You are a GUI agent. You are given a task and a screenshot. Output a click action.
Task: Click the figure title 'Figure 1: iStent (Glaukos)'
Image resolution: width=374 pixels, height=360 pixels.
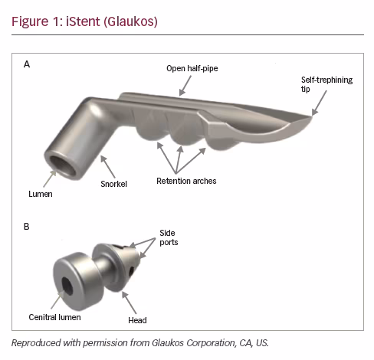(x=84, y=21)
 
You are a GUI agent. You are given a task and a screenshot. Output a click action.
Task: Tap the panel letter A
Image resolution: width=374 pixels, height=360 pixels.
(x=27, y=64)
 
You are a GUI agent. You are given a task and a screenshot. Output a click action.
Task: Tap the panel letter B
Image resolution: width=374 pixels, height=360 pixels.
(x=27, y=227)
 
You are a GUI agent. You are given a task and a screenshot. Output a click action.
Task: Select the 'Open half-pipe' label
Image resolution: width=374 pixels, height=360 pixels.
(x=192, y=68)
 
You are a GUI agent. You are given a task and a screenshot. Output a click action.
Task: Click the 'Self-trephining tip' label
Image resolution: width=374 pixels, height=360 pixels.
(x=326, y=84)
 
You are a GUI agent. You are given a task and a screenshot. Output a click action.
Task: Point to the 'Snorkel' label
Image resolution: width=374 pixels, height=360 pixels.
(x=113, y=184)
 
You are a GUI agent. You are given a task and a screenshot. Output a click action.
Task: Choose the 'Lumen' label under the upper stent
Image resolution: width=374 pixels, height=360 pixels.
(x=41, y=194)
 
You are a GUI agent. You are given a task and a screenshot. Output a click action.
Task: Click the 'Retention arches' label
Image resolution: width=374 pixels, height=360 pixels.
(x=186, y=181)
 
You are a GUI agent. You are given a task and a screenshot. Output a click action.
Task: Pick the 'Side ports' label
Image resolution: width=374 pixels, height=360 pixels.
(x=169, y=237)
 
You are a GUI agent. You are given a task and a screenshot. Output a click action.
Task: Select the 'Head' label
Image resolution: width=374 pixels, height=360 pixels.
(x=137, y=320)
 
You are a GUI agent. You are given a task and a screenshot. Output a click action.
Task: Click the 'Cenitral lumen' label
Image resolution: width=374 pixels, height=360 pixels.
(x=54, y=317)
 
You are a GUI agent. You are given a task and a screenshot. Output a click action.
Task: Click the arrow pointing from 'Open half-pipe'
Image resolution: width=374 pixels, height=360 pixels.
(x=185, y=86)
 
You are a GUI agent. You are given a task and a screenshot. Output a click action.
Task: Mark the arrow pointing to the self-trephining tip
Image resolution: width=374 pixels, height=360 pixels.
(x=319, y=103)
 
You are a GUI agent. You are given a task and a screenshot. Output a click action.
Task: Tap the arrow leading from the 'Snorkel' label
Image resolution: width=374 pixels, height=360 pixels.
(x=108, y=167)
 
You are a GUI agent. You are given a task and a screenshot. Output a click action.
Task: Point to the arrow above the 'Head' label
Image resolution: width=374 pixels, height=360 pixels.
(x=129, y=303)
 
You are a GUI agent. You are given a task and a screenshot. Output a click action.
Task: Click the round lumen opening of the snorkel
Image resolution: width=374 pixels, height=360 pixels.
(x=63, y=166)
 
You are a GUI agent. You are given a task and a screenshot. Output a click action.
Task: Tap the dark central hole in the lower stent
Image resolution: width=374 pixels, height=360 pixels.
(x=67, y=286)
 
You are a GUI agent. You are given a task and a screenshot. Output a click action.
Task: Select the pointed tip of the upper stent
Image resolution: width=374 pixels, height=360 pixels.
(x=312, y=116)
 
